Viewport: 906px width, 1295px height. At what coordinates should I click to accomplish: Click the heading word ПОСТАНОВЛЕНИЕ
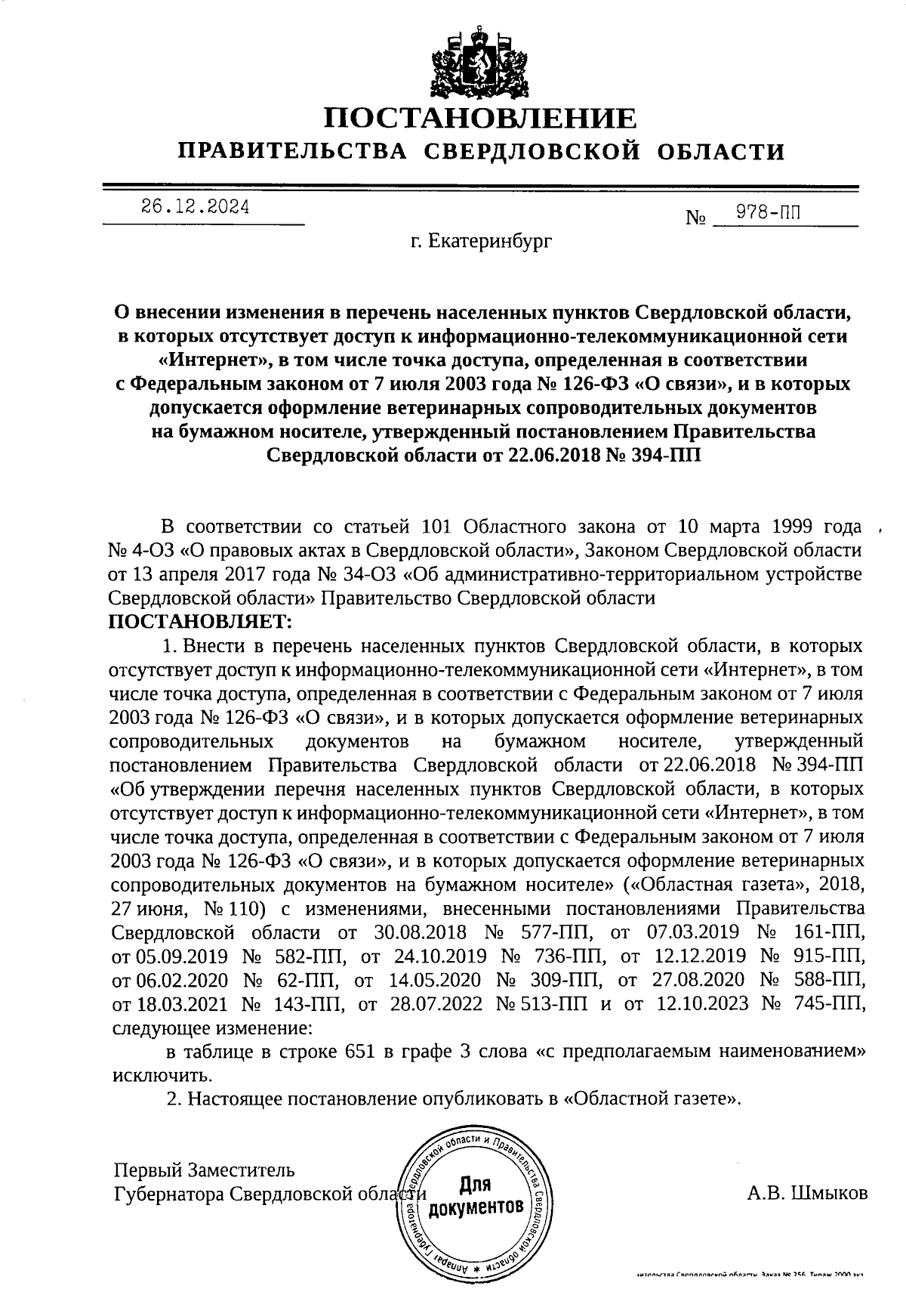(x=480, y=119)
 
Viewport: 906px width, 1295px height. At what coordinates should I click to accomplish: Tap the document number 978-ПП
(x=769, y=212)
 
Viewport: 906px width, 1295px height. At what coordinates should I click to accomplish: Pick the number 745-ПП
(x=829, y=1003)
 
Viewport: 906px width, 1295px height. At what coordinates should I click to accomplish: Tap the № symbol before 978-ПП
(x=695, y=219)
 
